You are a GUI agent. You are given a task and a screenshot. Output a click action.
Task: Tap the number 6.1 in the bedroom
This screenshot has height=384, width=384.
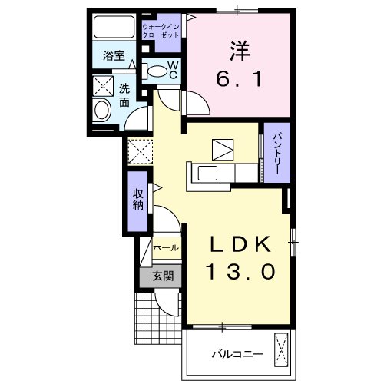tap(239, 78)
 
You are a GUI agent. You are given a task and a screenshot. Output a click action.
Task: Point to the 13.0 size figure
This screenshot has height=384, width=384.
tap(240, 270)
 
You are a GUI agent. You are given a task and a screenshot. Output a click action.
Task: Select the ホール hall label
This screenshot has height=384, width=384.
tap(167, 248)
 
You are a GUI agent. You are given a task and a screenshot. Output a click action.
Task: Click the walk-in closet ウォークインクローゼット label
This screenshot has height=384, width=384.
tap(160, 31)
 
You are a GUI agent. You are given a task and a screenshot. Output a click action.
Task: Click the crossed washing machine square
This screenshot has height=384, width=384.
tap(102, 84)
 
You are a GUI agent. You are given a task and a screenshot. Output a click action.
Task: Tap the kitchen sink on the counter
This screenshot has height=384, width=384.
tap(208, 173)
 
